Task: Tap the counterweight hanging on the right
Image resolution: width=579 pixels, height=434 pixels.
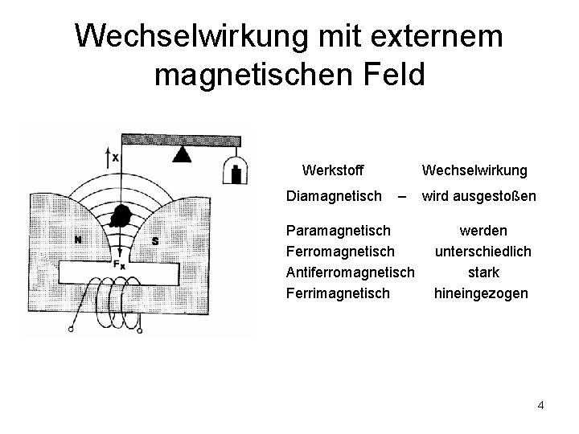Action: point(234,171)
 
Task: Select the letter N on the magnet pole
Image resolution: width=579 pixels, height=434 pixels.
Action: point(77,239)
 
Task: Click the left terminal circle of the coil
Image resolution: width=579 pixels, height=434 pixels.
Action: point(72,328)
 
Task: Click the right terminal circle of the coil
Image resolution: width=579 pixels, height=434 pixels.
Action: point(138,329)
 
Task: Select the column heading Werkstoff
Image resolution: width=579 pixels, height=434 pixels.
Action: point(332,170)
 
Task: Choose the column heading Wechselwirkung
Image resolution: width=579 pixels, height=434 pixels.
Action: point(474,170)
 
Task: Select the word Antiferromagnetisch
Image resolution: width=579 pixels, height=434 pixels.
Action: point(351,273)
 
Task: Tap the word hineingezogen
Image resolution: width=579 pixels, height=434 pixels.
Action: point(481,293)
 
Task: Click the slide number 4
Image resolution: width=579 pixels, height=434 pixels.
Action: point(540,405)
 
